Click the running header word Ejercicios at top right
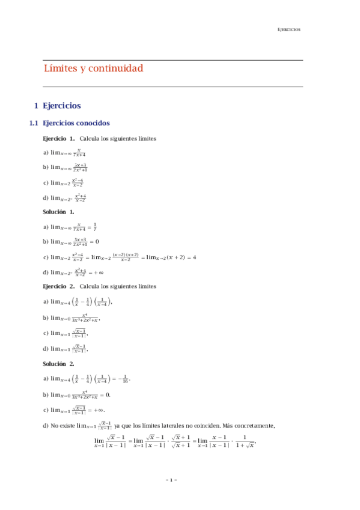pos(288,29)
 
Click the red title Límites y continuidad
pos(93,69)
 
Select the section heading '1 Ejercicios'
pos(57,106)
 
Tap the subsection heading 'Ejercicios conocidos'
pos(76,124)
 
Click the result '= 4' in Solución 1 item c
pos(191,257)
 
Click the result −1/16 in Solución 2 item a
pos(122,379)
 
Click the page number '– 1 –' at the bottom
pos(171,480)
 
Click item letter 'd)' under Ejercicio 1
pos(46,198)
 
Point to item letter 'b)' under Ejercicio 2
pos(46,318)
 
